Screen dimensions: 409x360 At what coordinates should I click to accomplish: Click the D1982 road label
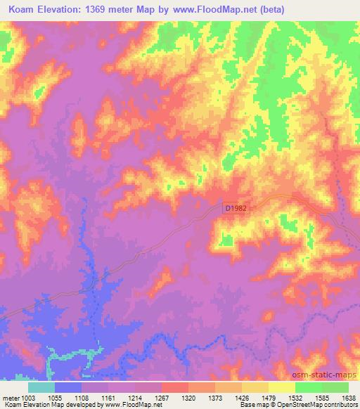(x=236, y=208)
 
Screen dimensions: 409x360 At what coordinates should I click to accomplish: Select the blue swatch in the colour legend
(x=67, y=387)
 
